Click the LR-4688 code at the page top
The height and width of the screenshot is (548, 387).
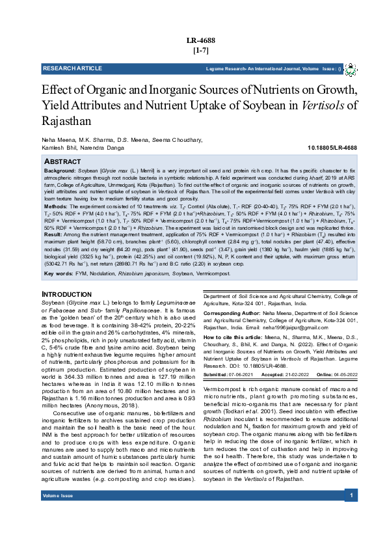(200, 40)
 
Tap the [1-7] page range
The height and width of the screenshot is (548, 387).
(200, 50)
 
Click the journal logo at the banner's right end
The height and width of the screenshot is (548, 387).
(351, 68)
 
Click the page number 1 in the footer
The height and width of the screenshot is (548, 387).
(351, 533)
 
